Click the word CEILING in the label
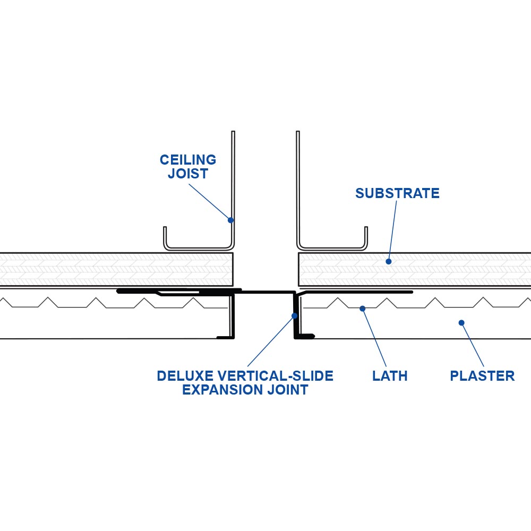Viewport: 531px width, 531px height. [x=188, y=160]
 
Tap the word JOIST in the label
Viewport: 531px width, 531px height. [x=188, y=174]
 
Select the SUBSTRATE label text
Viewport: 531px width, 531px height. [x=397, y=193]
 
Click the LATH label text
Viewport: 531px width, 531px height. [x=390, y=376]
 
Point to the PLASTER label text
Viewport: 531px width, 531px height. [x=482, y=376]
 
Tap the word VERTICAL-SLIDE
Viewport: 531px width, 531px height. [x=273, y=376]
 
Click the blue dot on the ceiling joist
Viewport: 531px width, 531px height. [x=230, y=220]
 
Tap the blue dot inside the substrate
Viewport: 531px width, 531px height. [x=389, y=261]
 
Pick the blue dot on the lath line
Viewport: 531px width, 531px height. [x=362, y=308]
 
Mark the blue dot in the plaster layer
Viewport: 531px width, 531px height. [x=461, y=322]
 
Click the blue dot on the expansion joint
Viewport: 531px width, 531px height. [x=293, y=316]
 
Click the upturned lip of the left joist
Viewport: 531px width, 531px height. [x=165, y=236]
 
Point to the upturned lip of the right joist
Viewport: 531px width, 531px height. [x=366, y=236]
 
